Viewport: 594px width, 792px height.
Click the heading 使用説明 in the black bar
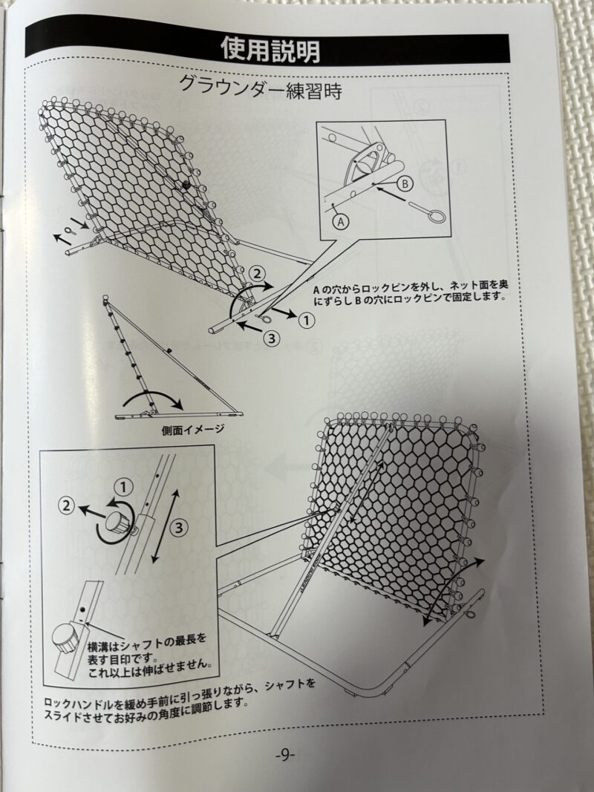[x=270, y=50]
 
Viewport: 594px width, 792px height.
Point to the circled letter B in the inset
[x=405, y=184]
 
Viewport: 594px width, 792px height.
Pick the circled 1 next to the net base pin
[x=306, y=320]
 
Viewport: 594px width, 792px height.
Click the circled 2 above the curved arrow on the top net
[x=257, y=275]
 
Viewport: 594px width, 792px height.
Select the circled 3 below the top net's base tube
[x=272, y=338]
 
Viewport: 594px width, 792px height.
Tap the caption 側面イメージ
[x=193, y=430]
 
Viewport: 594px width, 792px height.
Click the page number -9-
[x=285, y=756]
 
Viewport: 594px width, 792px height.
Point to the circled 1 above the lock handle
[x=123, y=488]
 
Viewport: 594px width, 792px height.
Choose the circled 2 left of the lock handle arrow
[x=66, y=505]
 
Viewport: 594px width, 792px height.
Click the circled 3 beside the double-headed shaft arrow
[x=179, y=528]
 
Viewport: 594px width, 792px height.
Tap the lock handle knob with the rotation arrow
[x=117, y=523]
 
